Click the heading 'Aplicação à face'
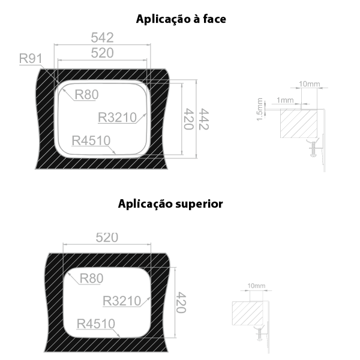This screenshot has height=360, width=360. (x=181, y=19)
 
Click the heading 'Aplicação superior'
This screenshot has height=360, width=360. (x=170, y=203)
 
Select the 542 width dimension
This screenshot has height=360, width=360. (x=102, y=37)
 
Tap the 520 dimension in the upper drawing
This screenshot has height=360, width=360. (x=102, y=53)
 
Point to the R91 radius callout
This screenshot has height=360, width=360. (x=31, y=58)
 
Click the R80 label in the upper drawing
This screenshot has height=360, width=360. (x=86, y=94)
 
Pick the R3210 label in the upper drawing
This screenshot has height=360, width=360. (x=118, y=118)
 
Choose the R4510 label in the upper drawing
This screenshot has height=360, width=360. (x=91, y=140)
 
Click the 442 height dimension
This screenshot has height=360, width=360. (x=203, y=119)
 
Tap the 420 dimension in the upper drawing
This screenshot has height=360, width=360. (x=189, y=119)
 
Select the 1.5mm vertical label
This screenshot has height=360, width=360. (x=259, y=109)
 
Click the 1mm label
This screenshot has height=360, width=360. (x=285, y=100)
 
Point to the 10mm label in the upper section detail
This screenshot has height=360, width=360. (x=309, y=84)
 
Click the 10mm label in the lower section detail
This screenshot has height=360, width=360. (x=256, y=286)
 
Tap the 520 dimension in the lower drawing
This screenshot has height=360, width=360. (x=107, y=238)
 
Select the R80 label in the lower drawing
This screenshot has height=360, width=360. (x=91, y=278)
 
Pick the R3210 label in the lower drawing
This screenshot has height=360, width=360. (x=122, y=301)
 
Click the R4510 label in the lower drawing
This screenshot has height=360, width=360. (x=96, y=324)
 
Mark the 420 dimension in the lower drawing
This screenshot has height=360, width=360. (x=181, y=302)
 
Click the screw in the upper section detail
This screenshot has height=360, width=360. (x=313, y=149)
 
